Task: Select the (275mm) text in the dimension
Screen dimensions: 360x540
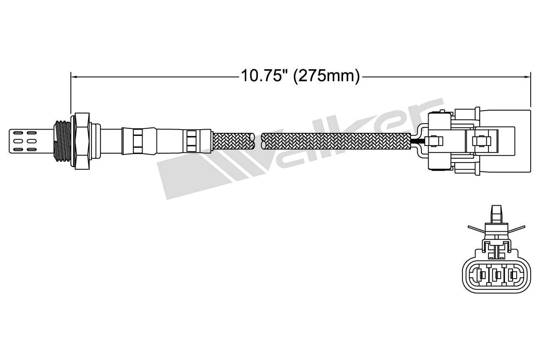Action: click(326, 76)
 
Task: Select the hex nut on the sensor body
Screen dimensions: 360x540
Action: click(82, 141)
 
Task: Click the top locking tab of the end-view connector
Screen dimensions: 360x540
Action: click(497, 213)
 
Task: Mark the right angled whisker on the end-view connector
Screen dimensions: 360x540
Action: click(518, 229)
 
